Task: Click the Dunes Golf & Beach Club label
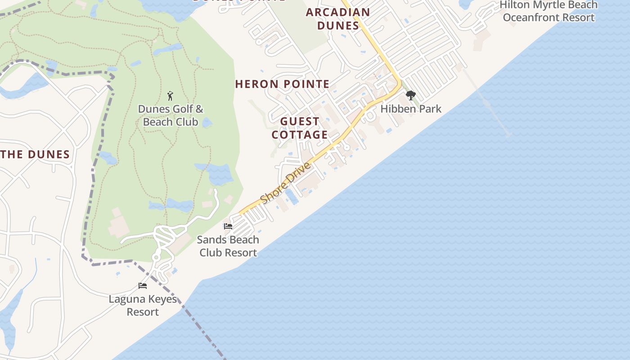(170, 115)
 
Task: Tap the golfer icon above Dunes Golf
(170, 96)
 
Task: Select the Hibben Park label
(411, 109)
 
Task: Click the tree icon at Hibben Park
(410, 95)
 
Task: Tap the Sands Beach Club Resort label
(228, 246)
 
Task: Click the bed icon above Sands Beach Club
(228, 226)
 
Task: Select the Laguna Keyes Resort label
(143, 306)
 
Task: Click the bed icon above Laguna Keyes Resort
(143, 286)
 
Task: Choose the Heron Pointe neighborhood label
(282, 84)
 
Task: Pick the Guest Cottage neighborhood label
(300, 128)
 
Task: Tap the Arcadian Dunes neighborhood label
(338, 19)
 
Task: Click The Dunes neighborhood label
(35, 155)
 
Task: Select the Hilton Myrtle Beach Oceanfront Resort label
(549, 11)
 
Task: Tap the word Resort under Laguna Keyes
(143, 312)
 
